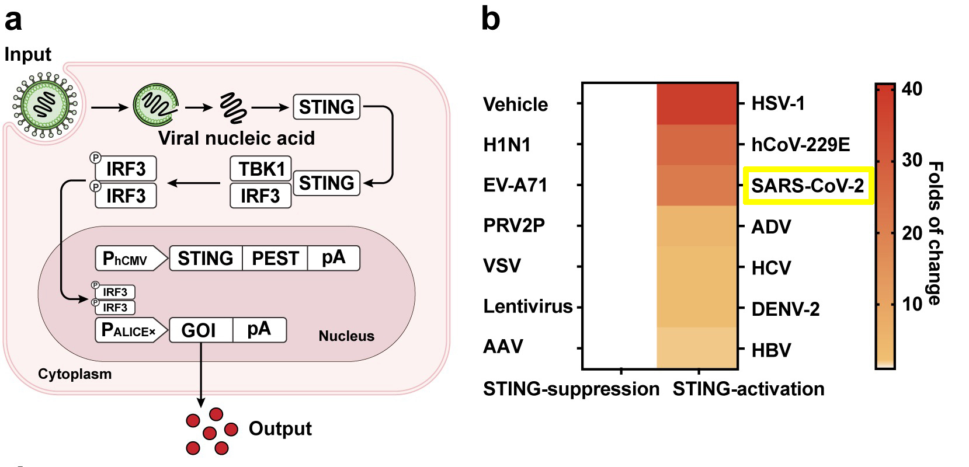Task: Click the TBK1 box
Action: coord(261,169)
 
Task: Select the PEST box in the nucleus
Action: coord(275,258)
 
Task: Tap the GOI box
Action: coord(201,330)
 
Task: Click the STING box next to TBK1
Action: coord(327,183)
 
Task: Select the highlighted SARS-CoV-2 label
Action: coord(808,186)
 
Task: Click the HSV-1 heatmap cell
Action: coord(697,104)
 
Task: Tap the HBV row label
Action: coord(772,350)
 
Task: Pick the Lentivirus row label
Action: coord(528,306)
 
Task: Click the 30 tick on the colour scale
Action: coord(912,161)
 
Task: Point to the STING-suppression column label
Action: coord(571,389)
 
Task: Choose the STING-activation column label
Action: coord(748,389)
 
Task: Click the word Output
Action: coord(280,428)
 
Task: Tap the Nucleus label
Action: coord(346,336)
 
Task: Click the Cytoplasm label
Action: coord(75,374)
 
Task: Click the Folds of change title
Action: coord(935,233)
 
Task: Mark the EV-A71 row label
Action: coord(515,185)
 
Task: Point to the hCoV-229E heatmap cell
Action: coord(697,145)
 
